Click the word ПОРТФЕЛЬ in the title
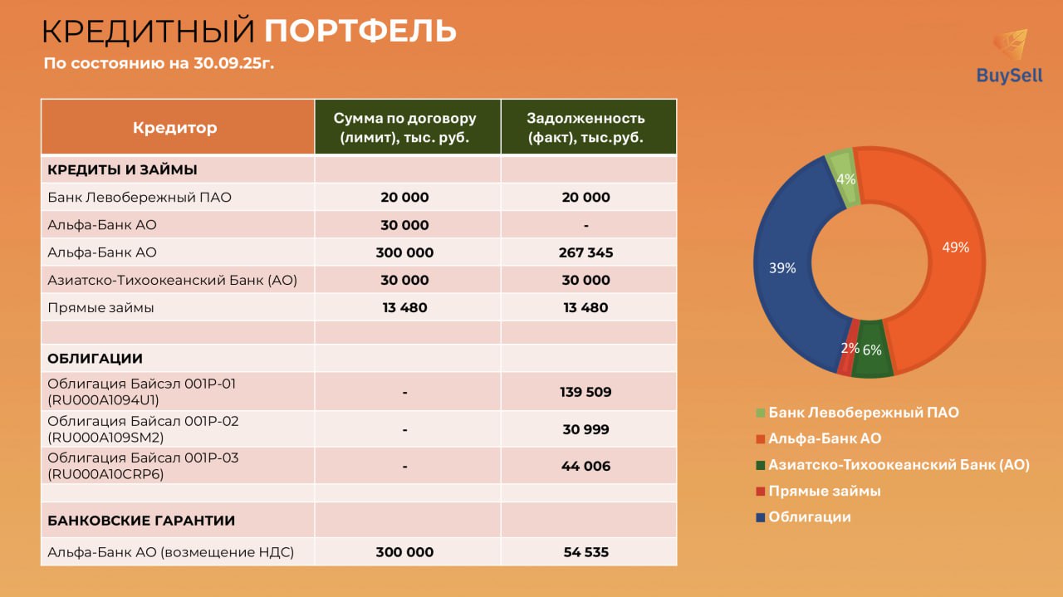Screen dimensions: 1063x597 click(360, 31)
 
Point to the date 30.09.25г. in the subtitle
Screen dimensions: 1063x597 click(233, 63)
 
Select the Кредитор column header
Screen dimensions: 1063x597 click(174, 127)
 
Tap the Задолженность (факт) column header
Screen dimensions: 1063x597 click(585, 128)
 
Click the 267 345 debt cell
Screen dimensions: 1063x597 click(585, 252)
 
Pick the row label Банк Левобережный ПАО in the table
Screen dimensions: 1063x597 click(140, 198)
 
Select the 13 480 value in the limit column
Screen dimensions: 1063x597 click(404, 307)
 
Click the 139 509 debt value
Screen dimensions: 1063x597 click(585, 392)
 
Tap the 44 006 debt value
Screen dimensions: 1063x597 click(585, 466)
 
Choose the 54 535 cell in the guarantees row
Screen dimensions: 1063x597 click(585, 552)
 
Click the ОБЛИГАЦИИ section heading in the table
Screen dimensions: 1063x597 click(95, 359)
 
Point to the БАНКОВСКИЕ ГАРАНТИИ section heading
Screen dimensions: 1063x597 click(141, 521)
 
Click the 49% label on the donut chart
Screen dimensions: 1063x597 click(955, 247)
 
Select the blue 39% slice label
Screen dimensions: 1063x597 click(782, 268)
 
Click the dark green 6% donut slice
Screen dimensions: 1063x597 click(871, 350)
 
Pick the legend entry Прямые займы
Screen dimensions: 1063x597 click(825, 491)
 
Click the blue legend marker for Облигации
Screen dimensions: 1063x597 click(760, 517)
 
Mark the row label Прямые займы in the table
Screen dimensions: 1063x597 click(100, 308)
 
